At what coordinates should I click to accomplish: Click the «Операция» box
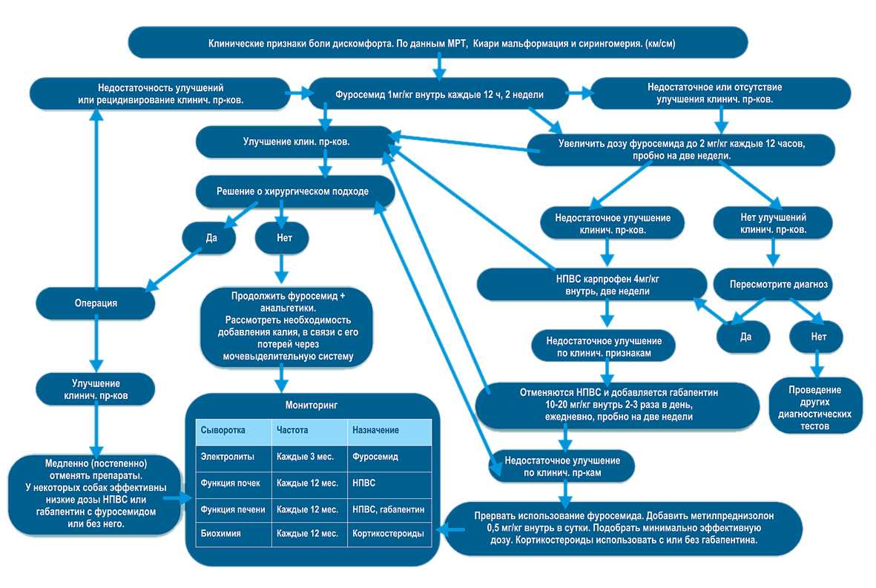coord(96,303)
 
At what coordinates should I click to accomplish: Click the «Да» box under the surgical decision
coord(209,239)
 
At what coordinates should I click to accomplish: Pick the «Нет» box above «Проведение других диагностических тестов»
coord(817,336)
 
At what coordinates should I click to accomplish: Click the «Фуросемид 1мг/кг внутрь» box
coord(440,94)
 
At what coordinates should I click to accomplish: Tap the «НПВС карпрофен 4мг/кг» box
coord(592,284)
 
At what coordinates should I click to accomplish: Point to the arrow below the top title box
coord(438,67)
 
